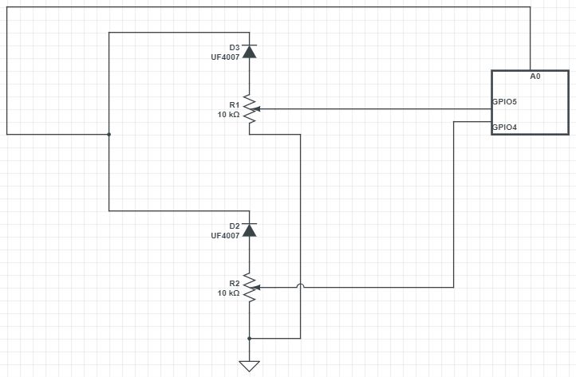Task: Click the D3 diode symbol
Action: coord(249,52)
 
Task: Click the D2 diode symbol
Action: coord(249,230)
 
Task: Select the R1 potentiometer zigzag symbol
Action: coord(249,109)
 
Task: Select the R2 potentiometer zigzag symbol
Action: coord(249,288)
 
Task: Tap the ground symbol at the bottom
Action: coord(249,366)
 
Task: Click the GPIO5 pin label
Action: coord(505,102)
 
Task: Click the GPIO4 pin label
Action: coord(505,127)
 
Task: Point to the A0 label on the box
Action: coord(535,77)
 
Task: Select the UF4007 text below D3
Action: coord(225,57)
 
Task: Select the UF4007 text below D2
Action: coord(225,236)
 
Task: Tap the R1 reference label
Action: coord(234,105)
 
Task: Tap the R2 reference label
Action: coord(234,284)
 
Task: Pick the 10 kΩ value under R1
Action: coord(228,115)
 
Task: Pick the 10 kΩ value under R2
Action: coord(228,293)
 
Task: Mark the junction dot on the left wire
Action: coord(108,134)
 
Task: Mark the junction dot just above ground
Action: coord(249,338)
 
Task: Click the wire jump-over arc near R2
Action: coord(300,285)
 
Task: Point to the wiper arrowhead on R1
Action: coord(258,109)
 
